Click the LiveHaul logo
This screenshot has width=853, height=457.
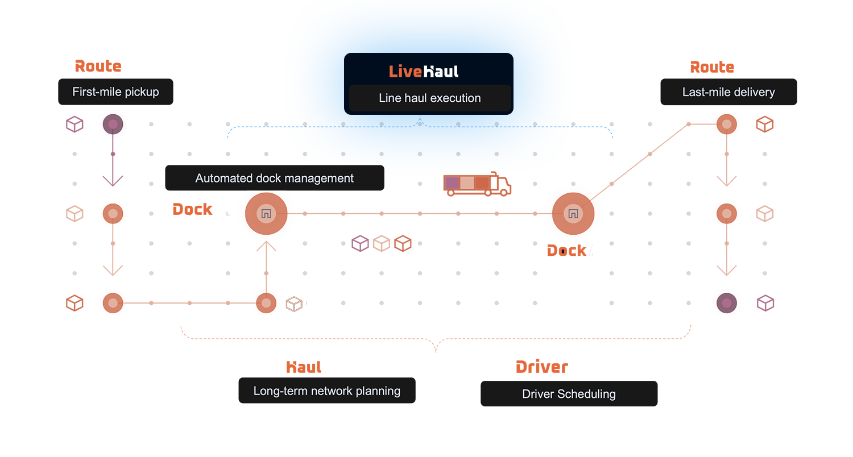pyautogui.click(x=424, y=71)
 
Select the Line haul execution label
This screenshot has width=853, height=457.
pyautogui.click(x=429, y=98)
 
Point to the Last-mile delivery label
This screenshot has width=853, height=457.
pyautogui.click(x=728, y=92)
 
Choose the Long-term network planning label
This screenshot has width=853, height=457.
pyautogui.click(x=326, y=391)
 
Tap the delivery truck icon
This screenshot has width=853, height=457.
pyautogui.click(x=477, y=185)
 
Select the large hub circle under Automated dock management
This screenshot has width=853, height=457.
pyautogui.click(x=266, y=214)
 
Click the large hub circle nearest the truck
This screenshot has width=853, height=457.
pyautogui.click(x=573, y=214)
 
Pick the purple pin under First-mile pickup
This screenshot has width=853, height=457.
pyautogui.click(x=113, y=123)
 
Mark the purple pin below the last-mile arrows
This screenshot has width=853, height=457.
pyautogui.click(x=726, y=304)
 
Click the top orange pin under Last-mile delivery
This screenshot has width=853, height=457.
pyautogui.click(x=726, y=124)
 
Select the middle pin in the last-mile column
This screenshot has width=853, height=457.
pyautogui.click(x=726, y=213)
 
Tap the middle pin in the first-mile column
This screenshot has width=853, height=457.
pyautogui.click(x=113, y=214)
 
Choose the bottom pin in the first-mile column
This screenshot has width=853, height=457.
pyautogui.click(x=113, y=303)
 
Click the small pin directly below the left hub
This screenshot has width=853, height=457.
pyautogui.click(x=266, y=302)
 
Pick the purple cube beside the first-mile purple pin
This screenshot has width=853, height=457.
pyautogui.click(x=74, y=123)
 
